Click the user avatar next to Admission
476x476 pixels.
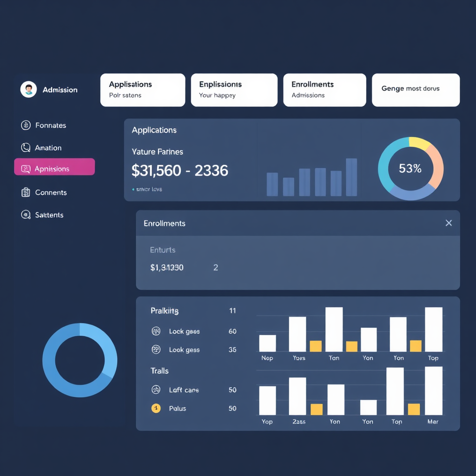point(28,89)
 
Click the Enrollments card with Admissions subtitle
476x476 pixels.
point(324,90)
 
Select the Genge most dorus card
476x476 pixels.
point(416,90)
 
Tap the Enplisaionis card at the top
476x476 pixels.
point(234,90)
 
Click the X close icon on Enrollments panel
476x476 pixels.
point(449,223)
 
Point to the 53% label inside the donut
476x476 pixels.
point(410,169)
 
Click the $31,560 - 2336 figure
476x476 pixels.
point(180,171)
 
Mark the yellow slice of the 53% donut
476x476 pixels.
point(420,143)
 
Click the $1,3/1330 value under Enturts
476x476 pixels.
point(167,268)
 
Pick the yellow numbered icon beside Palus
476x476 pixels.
point(156,408)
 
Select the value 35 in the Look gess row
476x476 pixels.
point(232,350)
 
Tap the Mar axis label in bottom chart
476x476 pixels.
point(433,422)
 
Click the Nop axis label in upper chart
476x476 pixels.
point(267,358)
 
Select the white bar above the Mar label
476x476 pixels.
point(433,390)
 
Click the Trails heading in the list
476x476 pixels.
point(159,370)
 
